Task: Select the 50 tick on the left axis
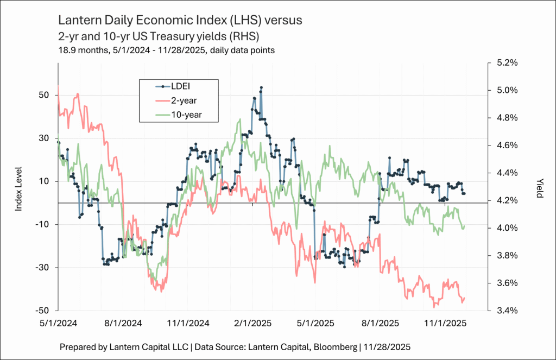pos(44,94)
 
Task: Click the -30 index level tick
pos(42,268)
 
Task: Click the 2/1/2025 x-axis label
pos(252,323)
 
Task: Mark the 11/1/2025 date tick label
pos(445,323)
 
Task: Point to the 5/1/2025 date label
pos(315,323)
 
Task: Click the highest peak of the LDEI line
pos(261,87)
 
